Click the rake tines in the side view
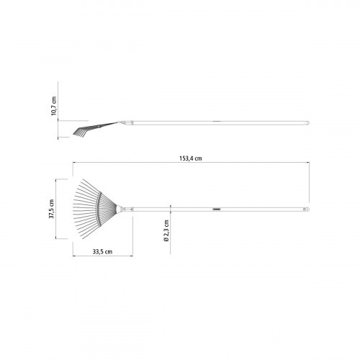click(x=83, y=132)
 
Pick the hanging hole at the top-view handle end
click(x=305, y=210)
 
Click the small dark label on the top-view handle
click(x=217, y=210)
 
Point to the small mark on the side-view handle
click(x=216, y=122)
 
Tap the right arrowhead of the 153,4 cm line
click(x=307, y=163)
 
